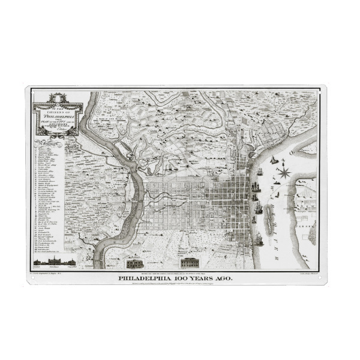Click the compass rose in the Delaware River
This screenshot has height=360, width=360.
[x=285, y=173]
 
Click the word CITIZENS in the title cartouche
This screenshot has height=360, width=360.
[x=58, y=105]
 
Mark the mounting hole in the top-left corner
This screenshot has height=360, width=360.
[x=29, y=89]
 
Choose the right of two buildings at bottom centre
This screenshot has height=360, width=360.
[x=190, y=262]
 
